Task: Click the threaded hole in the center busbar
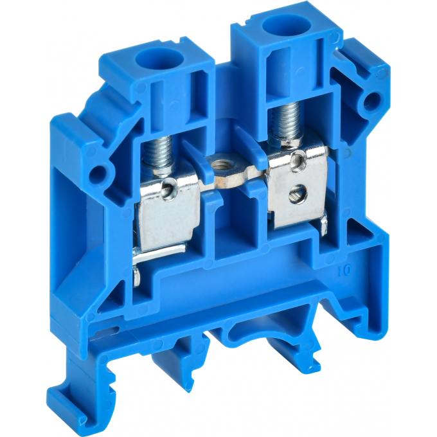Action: tap(227, 177)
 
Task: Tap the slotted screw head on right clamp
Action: tap(297, 192)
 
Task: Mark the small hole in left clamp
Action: tap(171, 188)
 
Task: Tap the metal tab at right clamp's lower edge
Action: tap(325, 224)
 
